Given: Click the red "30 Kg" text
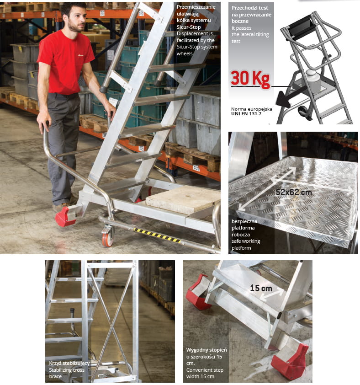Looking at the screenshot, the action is [x=250, y=79].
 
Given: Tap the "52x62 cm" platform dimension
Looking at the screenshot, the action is [x=293, y=192].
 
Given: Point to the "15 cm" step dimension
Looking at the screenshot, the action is [x=261, y=288].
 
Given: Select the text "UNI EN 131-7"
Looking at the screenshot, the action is [x=246, y=114].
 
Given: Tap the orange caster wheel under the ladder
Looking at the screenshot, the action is [x=108, y=236].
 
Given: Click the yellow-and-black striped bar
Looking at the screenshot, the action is [x=157, y=235].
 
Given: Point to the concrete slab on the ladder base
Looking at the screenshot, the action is [x=183, y=199].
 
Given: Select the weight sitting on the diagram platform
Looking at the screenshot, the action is [x=312, y=81].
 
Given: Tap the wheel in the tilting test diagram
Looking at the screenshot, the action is [x=304, y=112].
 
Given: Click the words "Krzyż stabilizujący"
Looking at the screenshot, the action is [x=69, y=363].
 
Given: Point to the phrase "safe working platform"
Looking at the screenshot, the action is [x=246, y=245].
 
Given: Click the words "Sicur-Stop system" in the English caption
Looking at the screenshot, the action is [x=197, y=47].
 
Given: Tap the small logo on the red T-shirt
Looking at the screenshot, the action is [x=80, y=55].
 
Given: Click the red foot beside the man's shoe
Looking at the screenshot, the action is [x=65, y=216].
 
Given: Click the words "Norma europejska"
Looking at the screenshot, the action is [x=252, y=109].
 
